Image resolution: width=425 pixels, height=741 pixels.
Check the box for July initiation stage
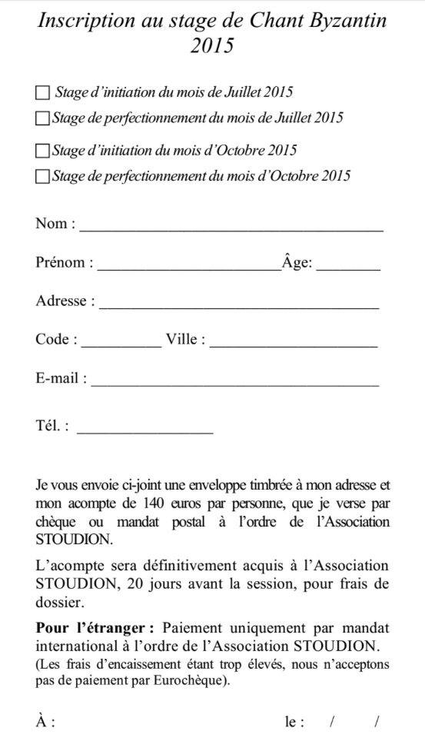click(42, 93)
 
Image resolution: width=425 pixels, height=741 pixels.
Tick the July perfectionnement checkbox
click(42, 118)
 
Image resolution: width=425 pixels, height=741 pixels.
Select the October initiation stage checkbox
click(42, 150)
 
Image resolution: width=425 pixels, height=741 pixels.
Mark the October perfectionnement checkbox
click(42, 176)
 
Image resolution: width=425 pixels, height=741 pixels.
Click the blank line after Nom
click(231, 228)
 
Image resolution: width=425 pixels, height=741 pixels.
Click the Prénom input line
click(189, 267)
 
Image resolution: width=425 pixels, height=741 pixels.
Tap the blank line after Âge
click(348, 267)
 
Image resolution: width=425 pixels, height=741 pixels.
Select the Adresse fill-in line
click(239, 306)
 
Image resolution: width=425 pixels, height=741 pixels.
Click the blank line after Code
click(121, 344)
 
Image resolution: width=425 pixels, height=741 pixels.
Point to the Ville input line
click(293, 344)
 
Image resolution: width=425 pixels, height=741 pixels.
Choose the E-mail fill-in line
click(234, 383)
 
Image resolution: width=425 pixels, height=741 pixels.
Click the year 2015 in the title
click(212, 45)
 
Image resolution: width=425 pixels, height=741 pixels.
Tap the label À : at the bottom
click(45, 723)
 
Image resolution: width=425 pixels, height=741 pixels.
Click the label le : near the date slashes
click(294, 723)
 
